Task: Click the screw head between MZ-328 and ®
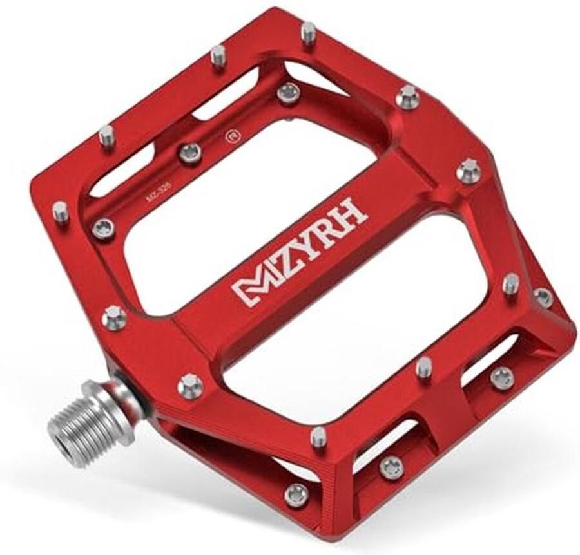pos(190,153)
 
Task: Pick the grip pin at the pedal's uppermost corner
pos(309,32)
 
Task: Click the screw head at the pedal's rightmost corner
pos(543,297)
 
